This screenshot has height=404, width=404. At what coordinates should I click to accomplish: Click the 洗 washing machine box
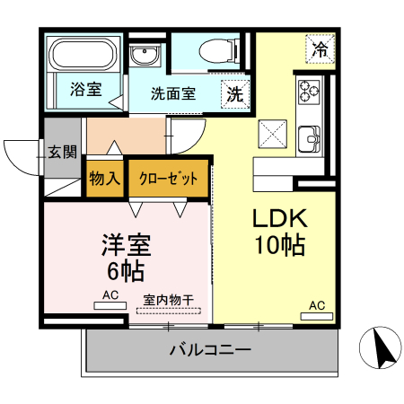click(x=234, y=93)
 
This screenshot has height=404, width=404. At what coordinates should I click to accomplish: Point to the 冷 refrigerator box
click(x=320, y=50)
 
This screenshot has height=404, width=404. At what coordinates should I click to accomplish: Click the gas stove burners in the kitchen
click(x=310, y=91)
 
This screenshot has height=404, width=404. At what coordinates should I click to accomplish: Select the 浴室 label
click(x=86, y=90)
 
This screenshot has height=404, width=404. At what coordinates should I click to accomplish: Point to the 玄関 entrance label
click(x=63, y=151)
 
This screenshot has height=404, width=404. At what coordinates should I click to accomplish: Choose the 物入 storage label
click(x=104, y=178)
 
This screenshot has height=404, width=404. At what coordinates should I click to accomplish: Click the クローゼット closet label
click(x=168, y=178)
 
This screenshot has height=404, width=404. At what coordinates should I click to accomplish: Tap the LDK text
click(x=279, y=219)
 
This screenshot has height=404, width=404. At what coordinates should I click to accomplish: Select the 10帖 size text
click(x=279, y=244)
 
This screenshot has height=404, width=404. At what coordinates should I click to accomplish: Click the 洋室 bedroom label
click(x=126, y=244)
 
